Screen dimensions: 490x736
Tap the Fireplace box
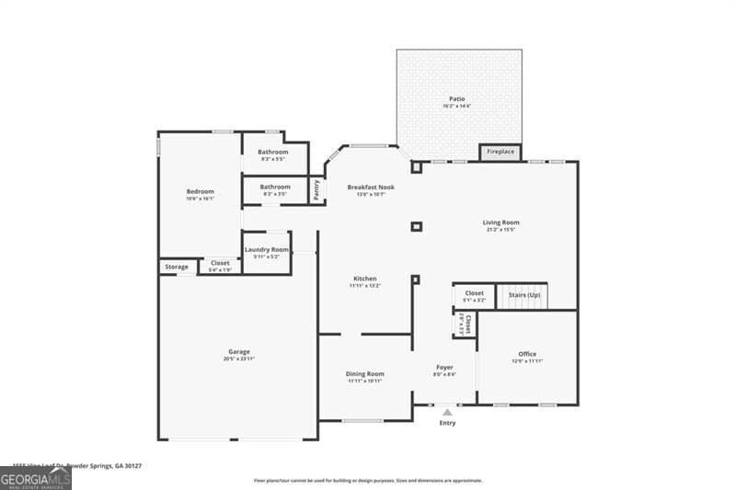pos(500,152)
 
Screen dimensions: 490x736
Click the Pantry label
pos(316,188)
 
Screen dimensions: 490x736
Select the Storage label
pos(177,267)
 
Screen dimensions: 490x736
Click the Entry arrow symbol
pos(447,412)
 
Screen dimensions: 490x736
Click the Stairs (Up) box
pos(522,295)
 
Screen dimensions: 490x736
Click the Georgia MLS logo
pos(35,478)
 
